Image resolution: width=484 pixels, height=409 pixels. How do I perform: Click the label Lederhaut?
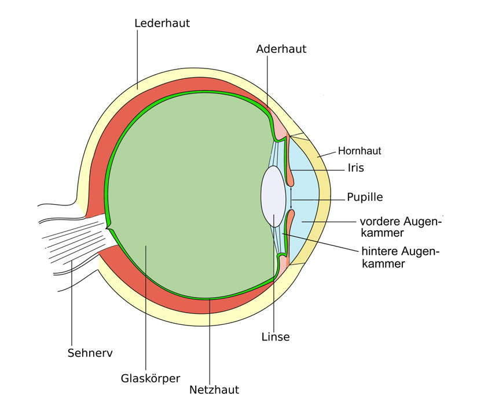[162, 24]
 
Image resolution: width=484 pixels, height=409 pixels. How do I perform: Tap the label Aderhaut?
[281, 49]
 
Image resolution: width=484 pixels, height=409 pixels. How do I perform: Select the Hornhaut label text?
[360, 151]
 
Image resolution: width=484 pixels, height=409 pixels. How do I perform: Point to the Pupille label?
[365, 197]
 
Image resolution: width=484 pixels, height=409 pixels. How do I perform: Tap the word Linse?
[276, 337]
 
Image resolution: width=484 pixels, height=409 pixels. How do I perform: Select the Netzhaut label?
[214, 390]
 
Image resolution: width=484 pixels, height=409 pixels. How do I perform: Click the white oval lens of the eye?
[274, 196]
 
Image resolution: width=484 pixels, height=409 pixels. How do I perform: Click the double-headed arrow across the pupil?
[291, 197]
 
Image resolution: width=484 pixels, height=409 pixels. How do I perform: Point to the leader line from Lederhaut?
[138, 58]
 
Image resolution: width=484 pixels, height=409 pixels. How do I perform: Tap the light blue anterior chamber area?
[307, 197]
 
